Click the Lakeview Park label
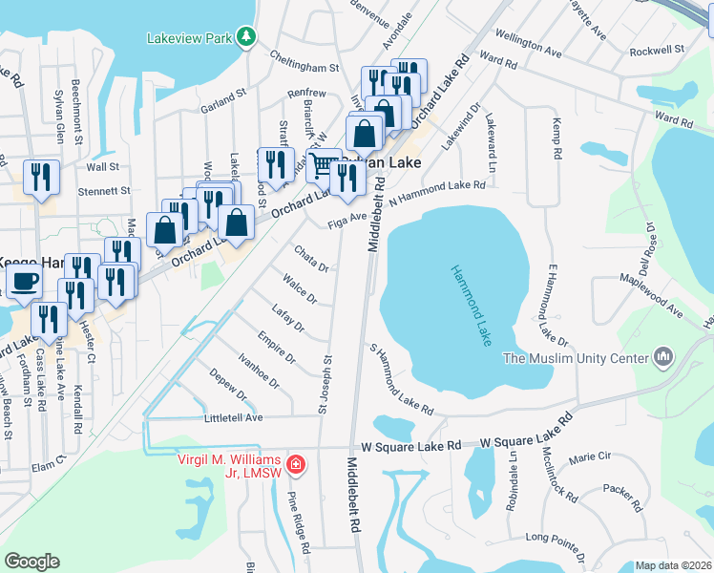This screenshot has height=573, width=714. coord(190,39)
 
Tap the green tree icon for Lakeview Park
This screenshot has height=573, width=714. coord(246,36)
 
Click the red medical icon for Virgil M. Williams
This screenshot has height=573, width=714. coord(297,465)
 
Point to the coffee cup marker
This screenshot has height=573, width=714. coord(24,282)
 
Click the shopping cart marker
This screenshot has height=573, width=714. coord(324,165)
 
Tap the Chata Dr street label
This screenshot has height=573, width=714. coord(310,259)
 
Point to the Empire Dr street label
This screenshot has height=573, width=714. coord(276,346)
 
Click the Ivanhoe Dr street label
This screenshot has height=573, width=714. coord(259,370)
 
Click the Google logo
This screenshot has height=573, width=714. coord(32,562)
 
